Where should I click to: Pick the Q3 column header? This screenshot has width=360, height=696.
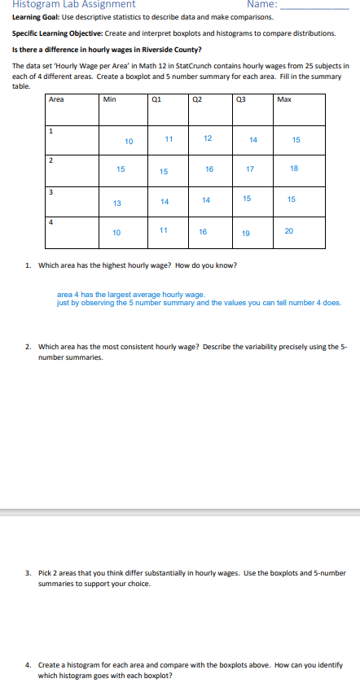(239, 100)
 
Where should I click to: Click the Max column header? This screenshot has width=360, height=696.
(284, 100)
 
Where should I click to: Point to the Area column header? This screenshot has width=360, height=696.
(56, 100)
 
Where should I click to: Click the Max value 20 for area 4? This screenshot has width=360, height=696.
(290, 231)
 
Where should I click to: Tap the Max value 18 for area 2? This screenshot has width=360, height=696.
(294, 169)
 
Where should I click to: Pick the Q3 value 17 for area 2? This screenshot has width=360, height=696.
(250, 170)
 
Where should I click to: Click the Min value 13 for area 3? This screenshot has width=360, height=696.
(117, 203)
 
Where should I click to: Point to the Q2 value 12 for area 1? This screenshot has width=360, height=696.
(208, 138)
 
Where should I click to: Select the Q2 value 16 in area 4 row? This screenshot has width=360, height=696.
(203, 232)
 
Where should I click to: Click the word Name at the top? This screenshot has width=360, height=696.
(261, 5)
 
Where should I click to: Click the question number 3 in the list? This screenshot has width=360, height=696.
(28, 573)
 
